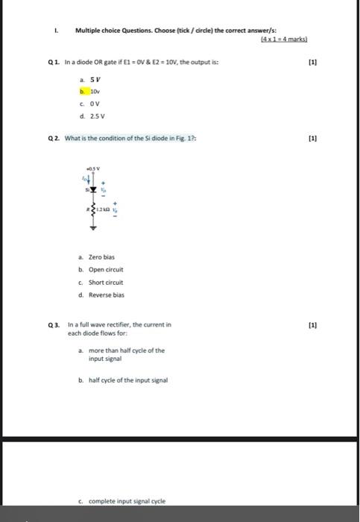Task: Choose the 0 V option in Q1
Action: point(94,103)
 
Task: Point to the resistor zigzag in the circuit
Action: point(93,212)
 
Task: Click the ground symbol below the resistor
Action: point(93,225)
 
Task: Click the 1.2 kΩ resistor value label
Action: point(102,212)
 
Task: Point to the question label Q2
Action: point(51,138)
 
